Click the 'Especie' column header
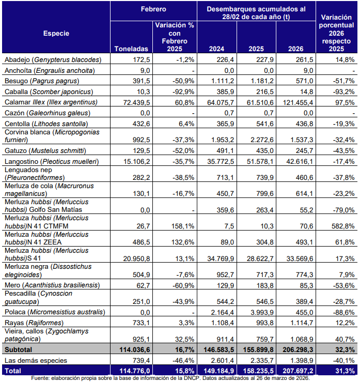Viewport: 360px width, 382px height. (x=56, y=33)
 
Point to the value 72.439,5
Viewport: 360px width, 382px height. (x=133, y=102)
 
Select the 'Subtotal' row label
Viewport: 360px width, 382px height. (x=17, y=349)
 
